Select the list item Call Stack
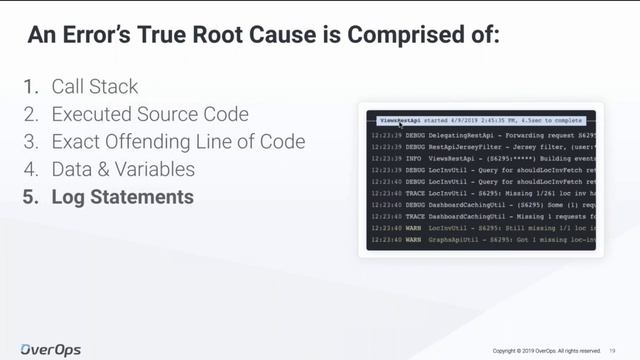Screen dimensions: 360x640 95,86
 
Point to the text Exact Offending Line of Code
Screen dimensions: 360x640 178,142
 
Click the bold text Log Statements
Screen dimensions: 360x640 122,198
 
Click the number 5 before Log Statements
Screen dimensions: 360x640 29,198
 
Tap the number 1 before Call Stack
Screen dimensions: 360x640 29,86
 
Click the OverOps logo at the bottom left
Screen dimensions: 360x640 51,349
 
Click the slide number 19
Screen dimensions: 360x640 612,351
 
